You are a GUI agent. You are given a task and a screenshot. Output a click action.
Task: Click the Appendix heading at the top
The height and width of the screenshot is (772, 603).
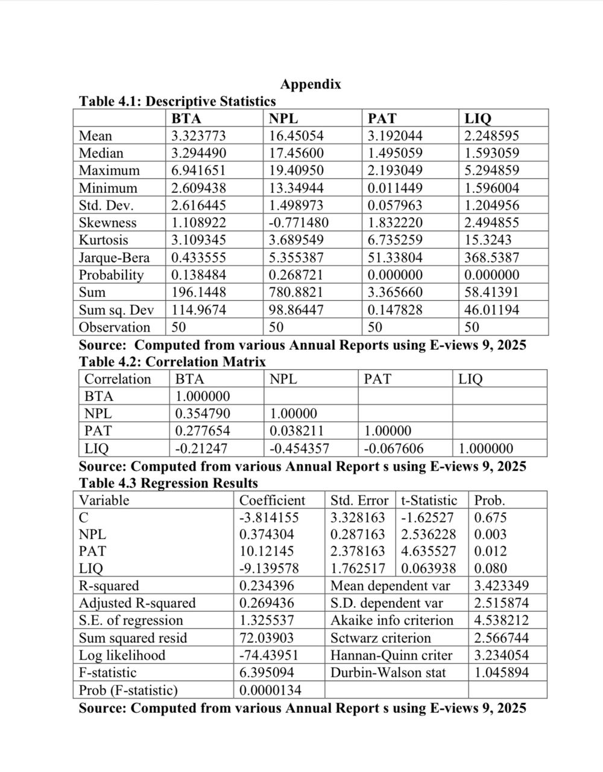(x=311, y=84)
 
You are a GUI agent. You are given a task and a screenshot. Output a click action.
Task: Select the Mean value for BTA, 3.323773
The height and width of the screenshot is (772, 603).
(x=198, y=136)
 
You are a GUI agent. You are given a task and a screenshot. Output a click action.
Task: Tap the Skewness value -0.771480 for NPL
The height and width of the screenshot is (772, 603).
(x=298, y=223)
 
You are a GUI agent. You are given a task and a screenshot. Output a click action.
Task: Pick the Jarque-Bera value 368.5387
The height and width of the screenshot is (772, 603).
(x=491, y=258)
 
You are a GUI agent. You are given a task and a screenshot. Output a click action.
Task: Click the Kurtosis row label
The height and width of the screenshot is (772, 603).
(x=104, y=240)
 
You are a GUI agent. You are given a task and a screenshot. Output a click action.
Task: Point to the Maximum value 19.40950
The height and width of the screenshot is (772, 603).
(x=296, y=171)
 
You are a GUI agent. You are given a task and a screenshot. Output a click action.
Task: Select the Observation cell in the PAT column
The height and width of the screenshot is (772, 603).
(x=375, y=327)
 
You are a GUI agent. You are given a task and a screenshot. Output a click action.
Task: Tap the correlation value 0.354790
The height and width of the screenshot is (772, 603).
(x=203, y=414)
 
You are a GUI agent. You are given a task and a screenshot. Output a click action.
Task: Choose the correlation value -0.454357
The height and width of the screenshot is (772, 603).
(x=300, y=448)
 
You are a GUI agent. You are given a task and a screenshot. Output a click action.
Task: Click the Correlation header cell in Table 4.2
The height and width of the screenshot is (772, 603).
(x=118, y=379)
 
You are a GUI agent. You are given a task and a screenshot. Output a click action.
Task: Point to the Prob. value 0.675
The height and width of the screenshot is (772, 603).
(x=490, y=517)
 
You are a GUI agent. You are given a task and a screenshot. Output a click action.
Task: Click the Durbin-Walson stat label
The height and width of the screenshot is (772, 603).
(x=388, y=672)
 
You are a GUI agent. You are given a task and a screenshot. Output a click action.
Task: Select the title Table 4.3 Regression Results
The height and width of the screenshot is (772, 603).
(x=168, y=483)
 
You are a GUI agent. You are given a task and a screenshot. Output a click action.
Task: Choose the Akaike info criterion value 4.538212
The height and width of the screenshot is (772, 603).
(x=502, y=621)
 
